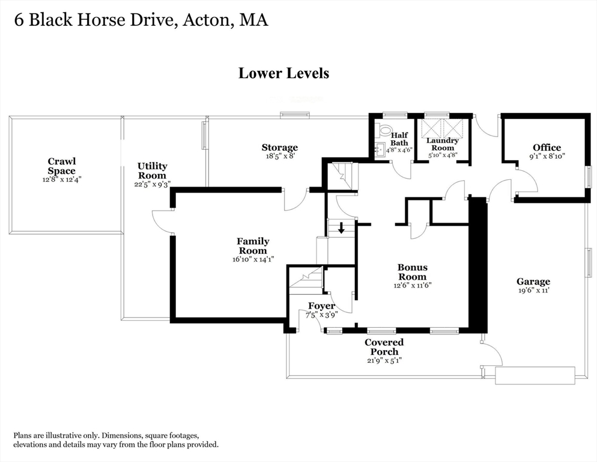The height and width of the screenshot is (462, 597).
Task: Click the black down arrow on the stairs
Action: tap(341, 228)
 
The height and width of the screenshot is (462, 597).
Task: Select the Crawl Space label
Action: tap(62, 166)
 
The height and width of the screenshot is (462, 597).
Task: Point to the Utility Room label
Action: tap(153, 171)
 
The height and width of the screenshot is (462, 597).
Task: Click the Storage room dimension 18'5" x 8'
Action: tap(280, 156)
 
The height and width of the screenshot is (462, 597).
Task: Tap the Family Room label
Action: tap(253, 246)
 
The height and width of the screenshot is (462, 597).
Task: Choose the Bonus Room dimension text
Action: tap(413, 285)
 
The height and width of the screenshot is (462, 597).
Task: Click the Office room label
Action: tap(547, 147)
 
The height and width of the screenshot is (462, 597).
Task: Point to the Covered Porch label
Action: tap(384, 346)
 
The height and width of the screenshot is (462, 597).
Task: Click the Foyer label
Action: tap(322, 306)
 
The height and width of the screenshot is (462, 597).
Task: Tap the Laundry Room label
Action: tap(443, 144)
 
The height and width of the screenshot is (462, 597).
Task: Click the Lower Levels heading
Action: tap(283, 73)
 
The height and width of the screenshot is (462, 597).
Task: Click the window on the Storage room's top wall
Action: tap(294, 114)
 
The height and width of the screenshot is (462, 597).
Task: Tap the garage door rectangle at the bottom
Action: tap(535, 375)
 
